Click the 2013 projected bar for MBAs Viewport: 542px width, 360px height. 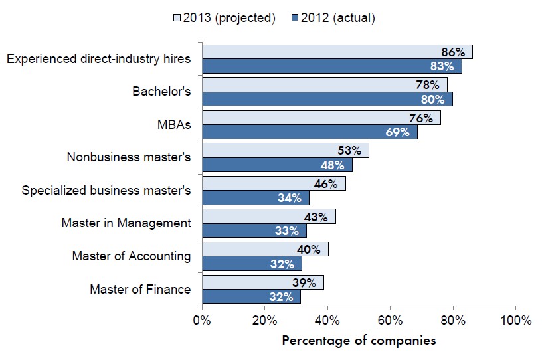coord(321,118)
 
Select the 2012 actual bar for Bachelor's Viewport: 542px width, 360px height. coord(327,98)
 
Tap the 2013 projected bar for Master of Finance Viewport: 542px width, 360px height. coord(262,282)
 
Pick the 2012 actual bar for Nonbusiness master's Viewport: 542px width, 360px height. coord(276,164)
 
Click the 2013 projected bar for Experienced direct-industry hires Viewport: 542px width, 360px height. coord(337,52)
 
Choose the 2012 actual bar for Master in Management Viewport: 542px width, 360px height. coord(254,230)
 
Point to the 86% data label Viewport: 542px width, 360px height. coord(452,52)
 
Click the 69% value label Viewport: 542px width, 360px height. coord(397,132)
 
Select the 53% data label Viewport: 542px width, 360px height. coord(349,151)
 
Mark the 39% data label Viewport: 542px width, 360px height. coord(305,282)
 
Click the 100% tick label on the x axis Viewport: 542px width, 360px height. coord(515,320)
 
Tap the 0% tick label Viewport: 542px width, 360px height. coord(202,320)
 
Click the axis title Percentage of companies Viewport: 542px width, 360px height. coord(359,341)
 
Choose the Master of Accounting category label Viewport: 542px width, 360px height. coord(131,256)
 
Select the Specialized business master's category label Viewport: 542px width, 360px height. coord(106,191)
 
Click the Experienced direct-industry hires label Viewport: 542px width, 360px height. coord(98,59)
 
